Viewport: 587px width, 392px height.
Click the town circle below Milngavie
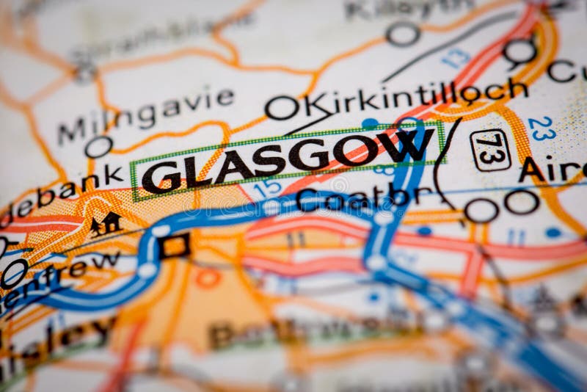tap(98, 147)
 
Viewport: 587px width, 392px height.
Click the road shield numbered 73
tap(490, 150)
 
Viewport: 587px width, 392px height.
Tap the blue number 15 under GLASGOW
tap(268, 187)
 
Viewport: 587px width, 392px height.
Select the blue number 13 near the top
tap(455, 58)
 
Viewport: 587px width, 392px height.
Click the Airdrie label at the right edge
tap(552, 170)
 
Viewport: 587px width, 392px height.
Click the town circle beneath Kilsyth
tap(403, 33)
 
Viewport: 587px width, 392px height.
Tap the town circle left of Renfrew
tap(13, 273)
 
